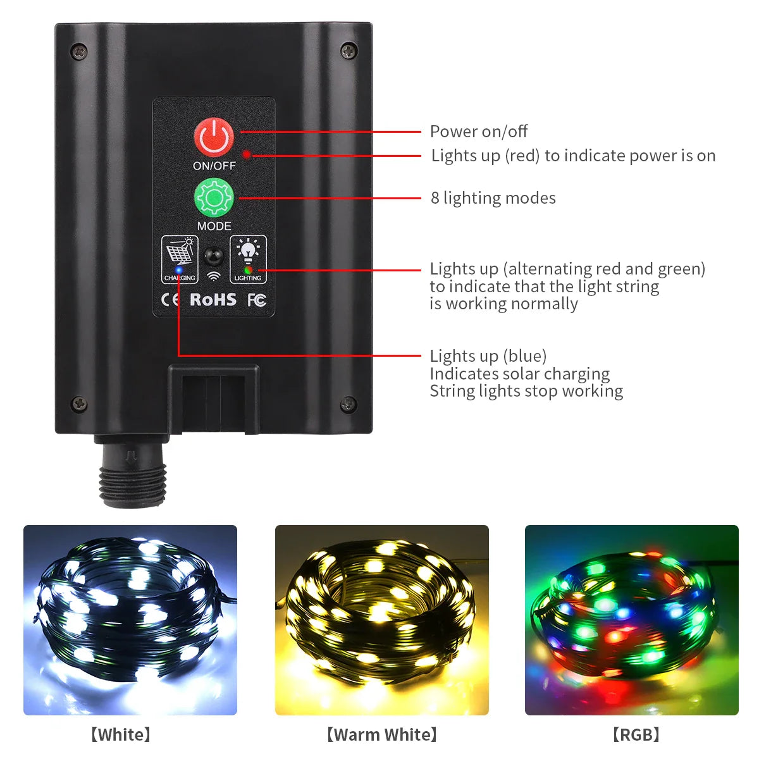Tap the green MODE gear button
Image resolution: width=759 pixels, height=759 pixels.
(x=214, y=198)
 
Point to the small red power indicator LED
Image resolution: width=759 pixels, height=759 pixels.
(x=247, y=154)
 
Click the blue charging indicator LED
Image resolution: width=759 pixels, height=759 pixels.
(x=179, y=270)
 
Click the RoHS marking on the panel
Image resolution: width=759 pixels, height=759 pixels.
(x=213, y=300)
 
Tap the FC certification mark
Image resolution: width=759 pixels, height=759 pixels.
(x=256, y=300)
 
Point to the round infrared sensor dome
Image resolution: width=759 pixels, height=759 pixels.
(x=213, y=257)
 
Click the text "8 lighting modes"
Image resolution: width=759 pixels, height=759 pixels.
(x=493, y=198)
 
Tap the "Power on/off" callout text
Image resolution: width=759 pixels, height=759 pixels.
(x=478, y=132)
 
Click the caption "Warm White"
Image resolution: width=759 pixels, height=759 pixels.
(x=381, y=734)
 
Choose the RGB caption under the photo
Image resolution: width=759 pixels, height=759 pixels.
(x=636, y=734)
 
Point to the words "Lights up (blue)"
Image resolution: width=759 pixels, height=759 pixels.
(x=488, y=356)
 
